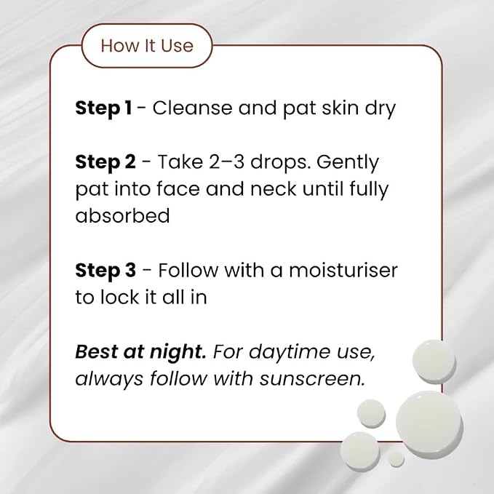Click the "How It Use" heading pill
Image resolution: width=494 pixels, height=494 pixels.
tap(147, 46)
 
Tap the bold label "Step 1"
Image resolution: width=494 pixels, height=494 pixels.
tap(103, 108)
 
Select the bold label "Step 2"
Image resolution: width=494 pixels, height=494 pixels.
tap(105, 162)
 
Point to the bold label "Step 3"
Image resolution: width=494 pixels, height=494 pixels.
tap(105, 271)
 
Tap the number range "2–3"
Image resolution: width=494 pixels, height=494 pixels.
tap(226, 162)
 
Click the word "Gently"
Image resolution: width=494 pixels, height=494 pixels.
tap(348, 163)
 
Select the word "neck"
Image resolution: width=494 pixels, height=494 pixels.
tap(273, 189)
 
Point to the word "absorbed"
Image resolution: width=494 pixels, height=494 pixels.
tap(122, 216)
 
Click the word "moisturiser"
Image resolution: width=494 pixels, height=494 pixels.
tap(343, 271)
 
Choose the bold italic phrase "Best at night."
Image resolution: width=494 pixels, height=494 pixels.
tap(141, 352)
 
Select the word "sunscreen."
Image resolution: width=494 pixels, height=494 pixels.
tap(313, 379)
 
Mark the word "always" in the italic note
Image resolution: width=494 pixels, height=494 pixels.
tap(109, 379)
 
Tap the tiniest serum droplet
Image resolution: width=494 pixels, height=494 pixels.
tap(396, 459)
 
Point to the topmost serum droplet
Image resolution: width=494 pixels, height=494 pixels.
tap(434, 362)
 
